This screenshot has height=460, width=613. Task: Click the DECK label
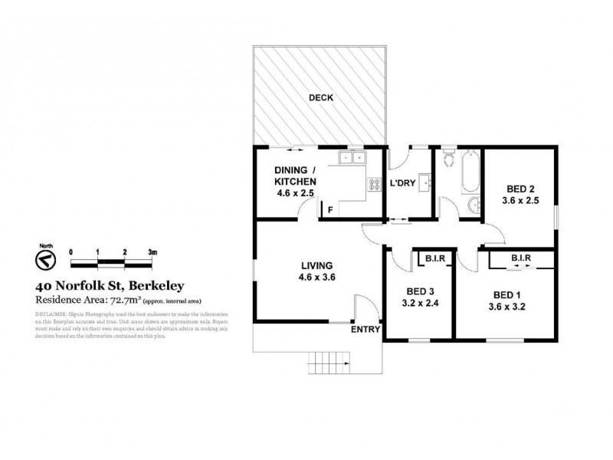(x=319, y=97)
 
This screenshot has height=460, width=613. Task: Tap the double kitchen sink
(x=353, y=159)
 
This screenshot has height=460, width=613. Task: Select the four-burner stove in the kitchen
(x=375, y=184)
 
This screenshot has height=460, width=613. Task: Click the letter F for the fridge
(x=330, y=209)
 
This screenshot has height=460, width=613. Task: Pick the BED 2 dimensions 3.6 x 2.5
(x=519, y=202)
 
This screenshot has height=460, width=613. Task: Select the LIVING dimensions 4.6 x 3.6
(x=317, y=279)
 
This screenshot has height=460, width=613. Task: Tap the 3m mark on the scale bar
(x=152, y=251)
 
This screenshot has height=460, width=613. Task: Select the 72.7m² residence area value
(x=116, y=301)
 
